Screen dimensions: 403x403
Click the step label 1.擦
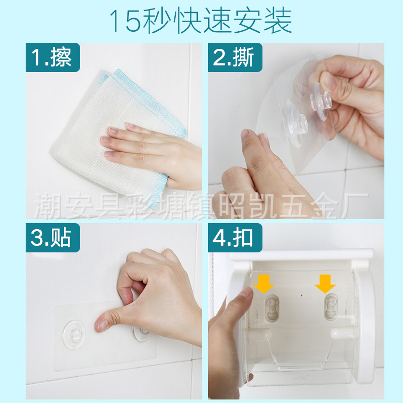click(x=53, y=57)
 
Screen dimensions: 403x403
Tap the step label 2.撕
click(x=235, y=57)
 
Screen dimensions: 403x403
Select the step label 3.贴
click(x=53, y=237)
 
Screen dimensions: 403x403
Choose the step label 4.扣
click(x=235, y=237)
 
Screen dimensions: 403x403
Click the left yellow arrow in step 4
click(x=263, y=284)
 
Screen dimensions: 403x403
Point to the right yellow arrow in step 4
click(x=325, y=284)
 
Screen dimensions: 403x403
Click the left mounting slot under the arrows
click(x=272, y=308)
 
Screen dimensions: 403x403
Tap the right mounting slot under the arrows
click(x=331, y=307)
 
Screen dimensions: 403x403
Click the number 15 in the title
click(x=125, y=21)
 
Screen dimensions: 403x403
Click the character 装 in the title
click(x=278, y=21)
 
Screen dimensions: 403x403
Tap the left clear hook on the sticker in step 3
click(x=74, y=334)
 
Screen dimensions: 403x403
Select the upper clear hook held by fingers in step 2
click(x=320, y=98)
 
